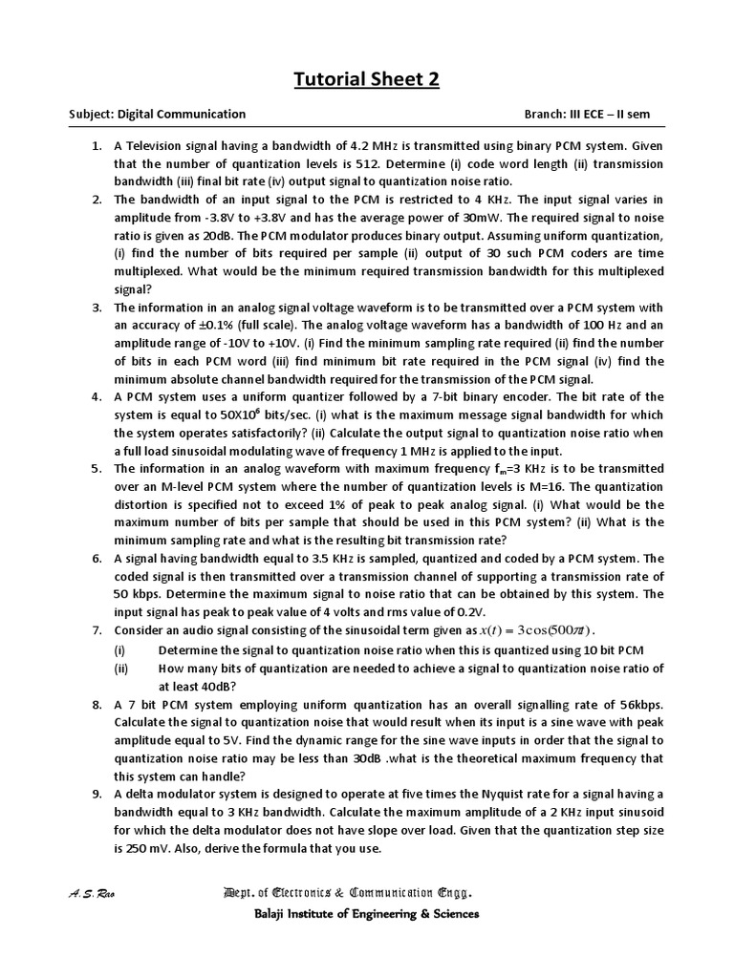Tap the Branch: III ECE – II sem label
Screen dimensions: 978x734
click(587, 114)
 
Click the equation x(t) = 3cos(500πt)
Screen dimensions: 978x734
click(537, 630)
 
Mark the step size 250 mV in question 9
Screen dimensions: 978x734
click(152, 848)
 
